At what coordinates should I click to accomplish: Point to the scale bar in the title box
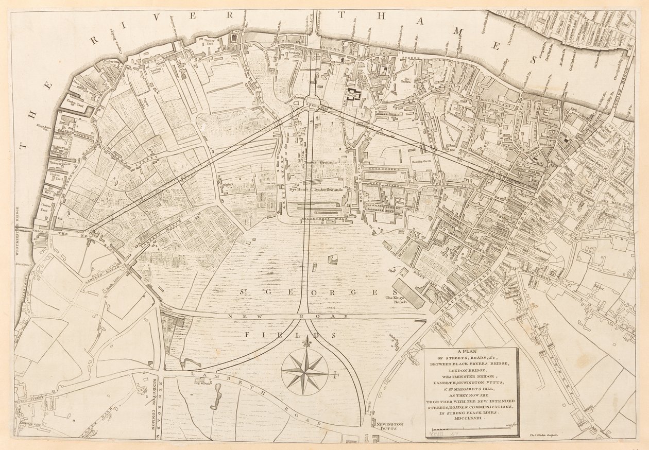pos(472,429)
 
